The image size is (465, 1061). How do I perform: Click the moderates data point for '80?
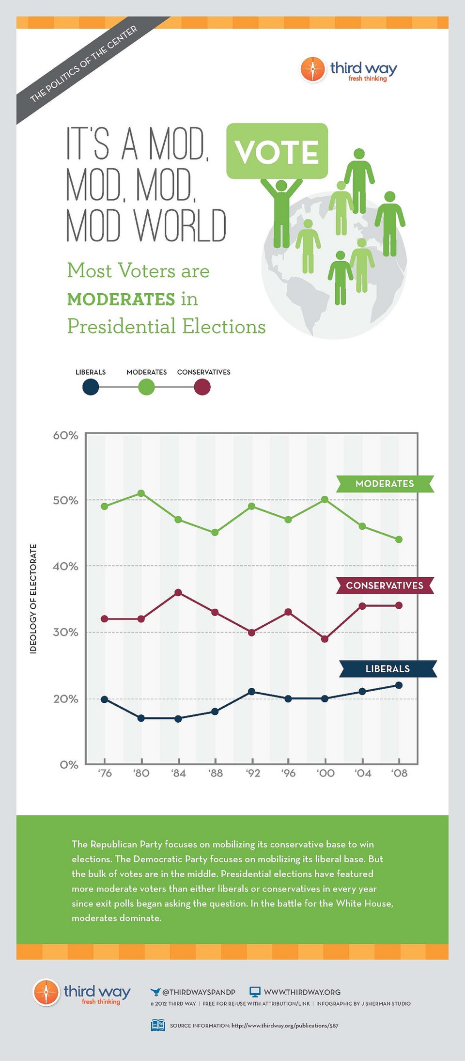point(141,493)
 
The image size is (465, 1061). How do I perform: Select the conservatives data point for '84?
point(178,592)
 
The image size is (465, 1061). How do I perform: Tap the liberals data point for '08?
point(399,685)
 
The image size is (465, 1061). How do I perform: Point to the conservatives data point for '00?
point(325,639)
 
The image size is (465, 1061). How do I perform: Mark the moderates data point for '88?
point(215,532)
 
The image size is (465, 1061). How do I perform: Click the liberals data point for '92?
point(251,691)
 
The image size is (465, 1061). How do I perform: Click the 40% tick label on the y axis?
point(65,566)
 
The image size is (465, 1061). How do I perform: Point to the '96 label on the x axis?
point(288,773)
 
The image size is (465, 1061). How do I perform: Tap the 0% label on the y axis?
point(69,765)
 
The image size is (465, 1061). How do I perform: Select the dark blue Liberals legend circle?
point(91,387)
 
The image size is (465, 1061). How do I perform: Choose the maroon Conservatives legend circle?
point(202,387)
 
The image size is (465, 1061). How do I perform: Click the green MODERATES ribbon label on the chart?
point(385,484)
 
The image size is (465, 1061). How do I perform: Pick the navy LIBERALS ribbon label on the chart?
point(387,669)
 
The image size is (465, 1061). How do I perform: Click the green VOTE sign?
point(277,151)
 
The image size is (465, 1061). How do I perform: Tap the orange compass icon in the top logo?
point(312,69)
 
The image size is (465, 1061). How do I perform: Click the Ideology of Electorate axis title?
point(33,599)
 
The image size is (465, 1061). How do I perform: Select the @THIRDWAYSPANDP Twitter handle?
point(199,992)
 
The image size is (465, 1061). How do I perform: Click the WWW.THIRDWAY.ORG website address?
point(302,992)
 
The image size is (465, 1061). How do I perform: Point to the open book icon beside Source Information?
point(158,1025)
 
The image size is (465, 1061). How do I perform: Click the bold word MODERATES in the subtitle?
point(121,299)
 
